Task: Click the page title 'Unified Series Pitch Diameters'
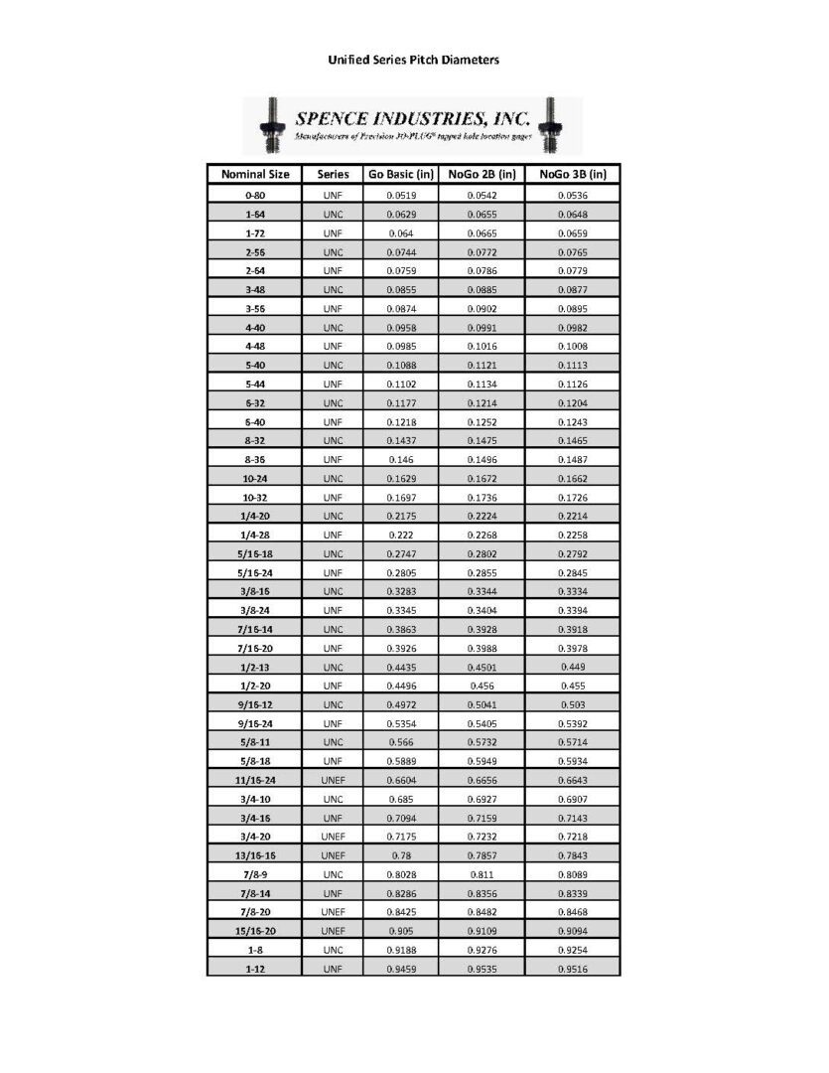pos(413,60)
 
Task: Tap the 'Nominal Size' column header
pos(255,174)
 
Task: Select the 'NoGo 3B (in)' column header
pos(573,174)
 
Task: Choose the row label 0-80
pos(255,196)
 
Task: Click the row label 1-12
pos(255,968)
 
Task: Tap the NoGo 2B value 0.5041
pos(482,704)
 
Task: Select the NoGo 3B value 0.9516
pos(573,968)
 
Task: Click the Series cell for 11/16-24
pos(334,780)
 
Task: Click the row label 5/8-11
pos(255,742)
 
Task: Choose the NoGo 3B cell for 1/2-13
pos(573,667)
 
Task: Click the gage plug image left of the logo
pos(267,124)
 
